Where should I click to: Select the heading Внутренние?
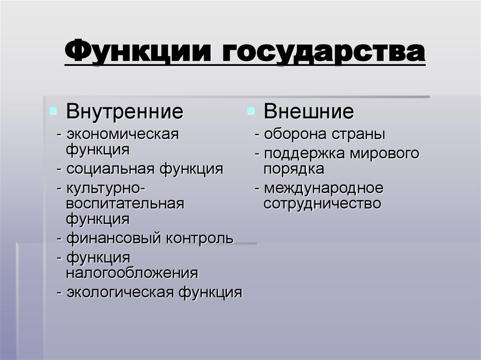(x=124, y=112)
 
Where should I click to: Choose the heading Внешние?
(x=309, y=112)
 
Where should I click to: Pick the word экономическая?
(x=123, y=134)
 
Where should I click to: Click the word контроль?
(x=199, y=238)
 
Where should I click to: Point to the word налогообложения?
(x=132, y=273)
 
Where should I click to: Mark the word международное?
(x=324, y=188)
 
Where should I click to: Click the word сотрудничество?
(x=322, y=203)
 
